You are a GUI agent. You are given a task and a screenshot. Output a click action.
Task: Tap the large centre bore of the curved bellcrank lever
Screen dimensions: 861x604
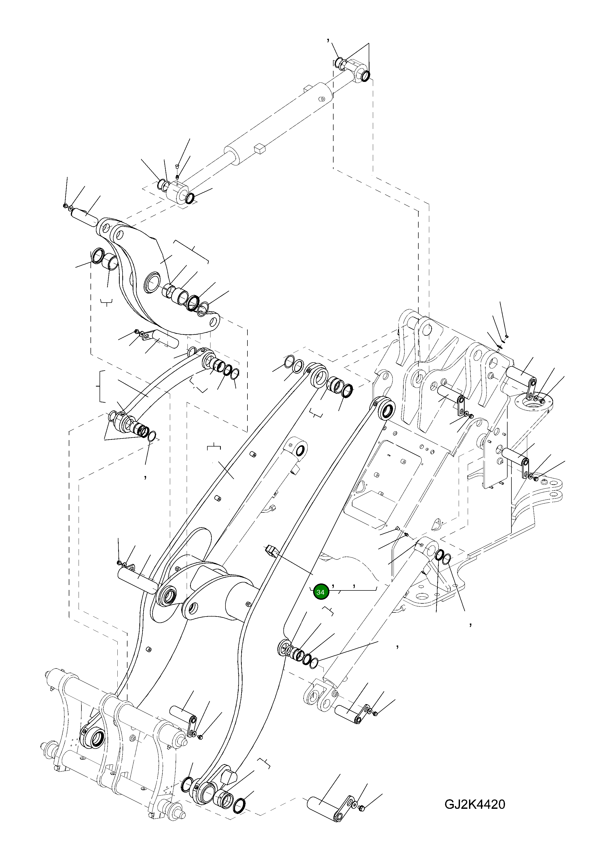(x=152, y=282)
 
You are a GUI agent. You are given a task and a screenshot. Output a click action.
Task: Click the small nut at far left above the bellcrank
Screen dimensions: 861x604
(x=65, y=206)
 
